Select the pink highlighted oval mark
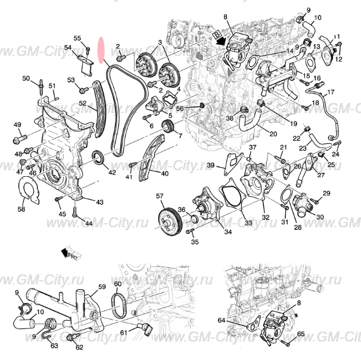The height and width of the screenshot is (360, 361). tap(102, 50)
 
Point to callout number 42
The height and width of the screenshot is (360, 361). tap(112, 172)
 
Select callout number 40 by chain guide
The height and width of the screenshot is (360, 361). tap(164, 173)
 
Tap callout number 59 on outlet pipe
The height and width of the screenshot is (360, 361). tap(102, 287)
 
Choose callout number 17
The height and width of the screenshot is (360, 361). tap(331, 92)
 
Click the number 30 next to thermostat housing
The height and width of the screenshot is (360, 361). tap(320, 217)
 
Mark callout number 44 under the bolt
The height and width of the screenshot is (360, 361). tap(88, 223)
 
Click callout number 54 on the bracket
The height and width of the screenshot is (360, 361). tap(68, 48)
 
